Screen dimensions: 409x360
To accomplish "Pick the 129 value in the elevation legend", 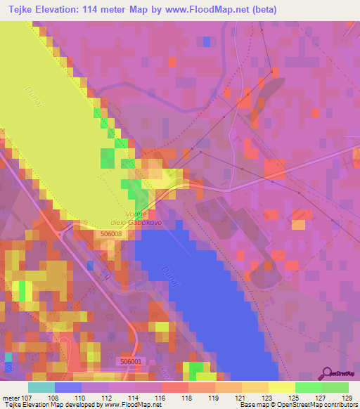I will point(345,396).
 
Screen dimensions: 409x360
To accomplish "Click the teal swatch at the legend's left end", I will point(41,387).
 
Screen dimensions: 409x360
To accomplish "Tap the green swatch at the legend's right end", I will point(335,387).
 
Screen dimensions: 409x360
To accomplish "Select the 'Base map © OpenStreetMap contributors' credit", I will point(296,405).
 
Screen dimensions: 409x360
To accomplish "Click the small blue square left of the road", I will point(90,265).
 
